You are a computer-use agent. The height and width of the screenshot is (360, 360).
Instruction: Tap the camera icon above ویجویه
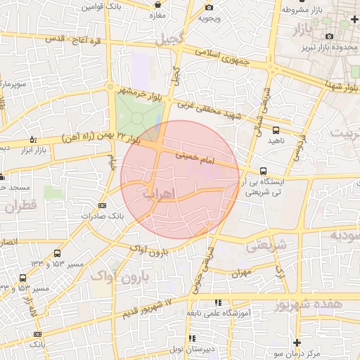pos(208,8)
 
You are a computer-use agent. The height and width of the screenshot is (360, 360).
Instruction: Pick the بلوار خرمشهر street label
pos(144,91)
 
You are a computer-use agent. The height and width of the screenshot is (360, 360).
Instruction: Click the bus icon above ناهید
pos(275,130)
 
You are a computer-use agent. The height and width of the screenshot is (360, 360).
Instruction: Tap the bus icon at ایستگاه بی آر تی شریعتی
pos(263,171)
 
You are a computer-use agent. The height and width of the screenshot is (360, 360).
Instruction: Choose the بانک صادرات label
pos(96,216)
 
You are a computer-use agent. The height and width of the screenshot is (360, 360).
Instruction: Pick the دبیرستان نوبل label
pos(198,349)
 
